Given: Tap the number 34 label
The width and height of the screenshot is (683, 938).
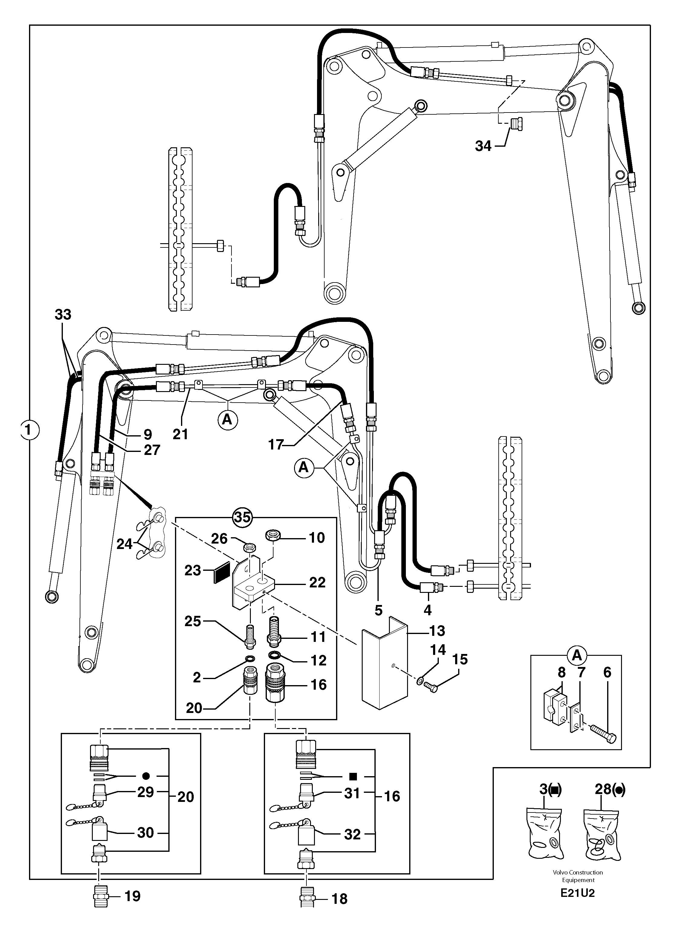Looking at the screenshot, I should pos(483,146).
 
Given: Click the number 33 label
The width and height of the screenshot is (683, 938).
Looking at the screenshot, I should pos(63,315).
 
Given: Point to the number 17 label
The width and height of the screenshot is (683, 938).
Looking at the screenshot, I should pos(275,444).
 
